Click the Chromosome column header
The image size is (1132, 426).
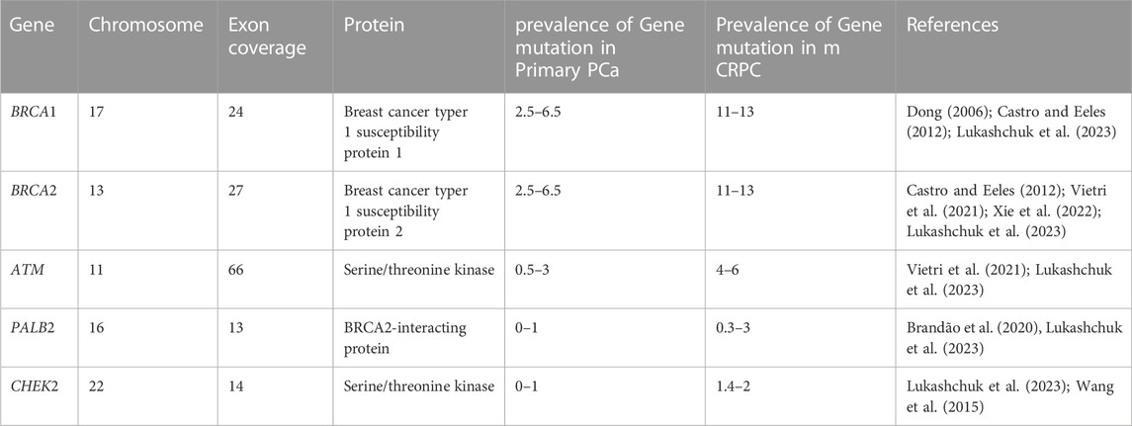coord(145,25)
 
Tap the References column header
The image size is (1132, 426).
coord(952,25)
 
